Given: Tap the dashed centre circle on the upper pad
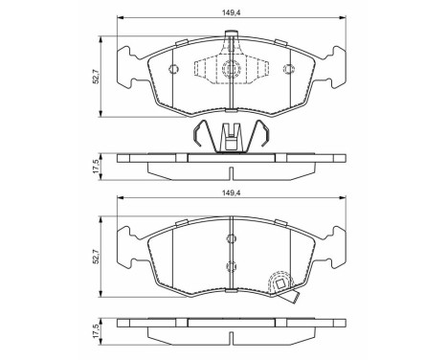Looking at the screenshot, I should tap(230, 70).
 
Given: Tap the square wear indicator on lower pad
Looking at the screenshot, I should tap(282, 284).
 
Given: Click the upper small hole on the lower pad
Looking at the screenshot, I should tap(230, 239).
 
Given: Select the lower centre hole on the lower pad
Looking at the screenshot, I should tap(230, 267).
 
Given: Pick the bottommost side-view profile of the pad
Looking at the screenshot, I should tap(230, 331).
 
